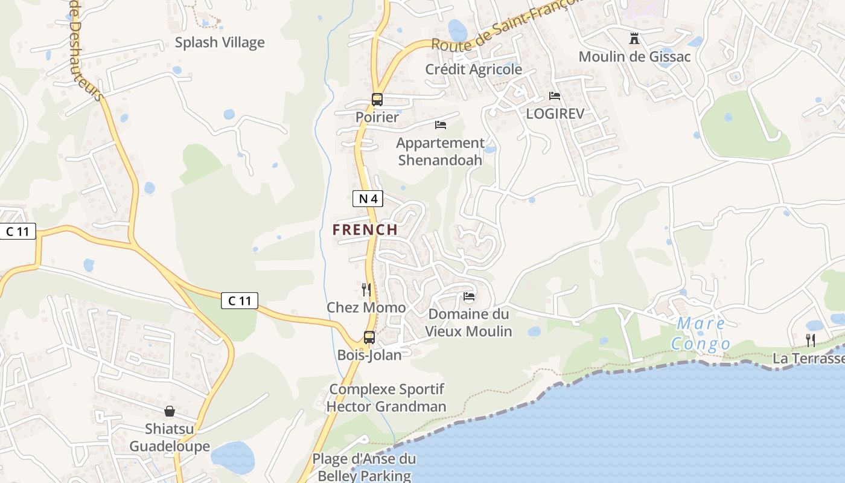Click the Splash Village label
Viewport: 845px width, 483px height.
coord(220,42)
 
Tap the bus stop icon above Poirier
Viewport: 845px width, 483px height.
coord(377,100)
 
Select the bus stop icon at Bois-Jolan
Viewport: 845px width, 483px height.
coord(369,337)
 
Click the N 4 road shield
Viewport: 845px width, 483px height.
coord(368,198)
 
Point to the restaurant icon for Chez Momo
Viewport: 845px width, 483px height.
coord(366,290)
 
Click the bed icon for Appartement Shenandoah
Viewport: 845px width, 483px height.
coord(441,125)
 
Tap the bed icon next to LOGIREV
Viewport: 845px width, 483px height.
coord(555,96)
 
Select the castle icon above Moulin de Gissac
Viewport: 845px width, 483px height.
coord(634,39)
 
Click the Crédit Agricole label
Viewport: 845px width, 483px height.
coord(474,69)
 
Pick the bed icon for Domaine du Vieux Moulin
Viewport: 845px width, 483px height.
coord(469,296)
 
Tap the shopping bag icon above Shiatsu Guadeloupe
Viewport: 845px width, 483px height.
coord(170,411)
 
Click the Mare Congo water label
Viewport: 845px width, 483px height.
coord(701,334)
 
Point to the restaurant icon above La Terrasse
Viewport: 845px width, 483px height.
coord(811,341)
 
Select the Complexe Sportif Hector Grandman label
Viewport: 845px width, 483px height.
coord(386,397)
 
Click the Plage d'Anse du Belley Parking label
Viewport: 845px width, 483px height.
coord(364,467)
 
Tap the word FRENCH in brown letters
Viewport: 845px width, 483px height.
coord(365,230)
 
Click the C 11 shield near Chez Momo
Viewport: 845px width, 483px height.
coord(240,301)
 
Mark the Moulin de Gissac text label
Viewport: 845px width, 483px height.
coord(634,57)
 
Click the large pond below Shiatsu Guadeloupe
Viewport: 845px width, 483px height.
coord(233,457)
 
